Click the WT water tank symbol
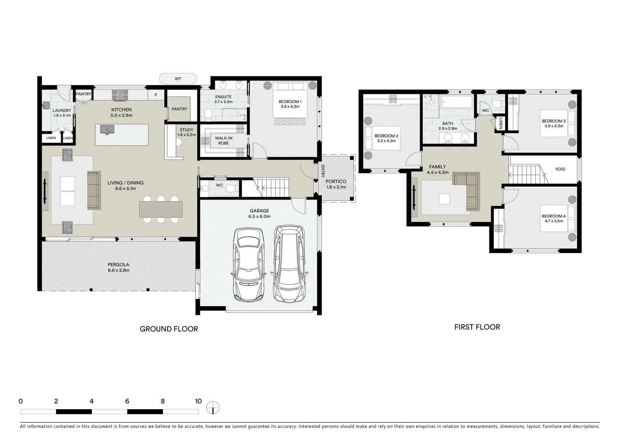(x=178, y=79)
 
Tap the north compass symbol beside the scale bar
(x=212, y=407)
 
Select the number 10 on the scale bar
(x=198, y=401)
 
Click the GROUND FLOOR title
(x=169, y=329)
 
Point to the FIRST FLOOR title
(x=477, y=327)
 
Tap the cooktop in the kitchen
(x=120, y=95)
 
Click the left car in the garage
(x=248, y=264)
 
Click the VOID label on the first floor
(x=560, y=169)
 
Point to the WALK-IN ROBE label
(x=223, y=140)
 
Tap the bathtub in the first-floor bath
(x=457, y=102)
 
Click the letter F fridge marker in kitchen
(x=155, y=96)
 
